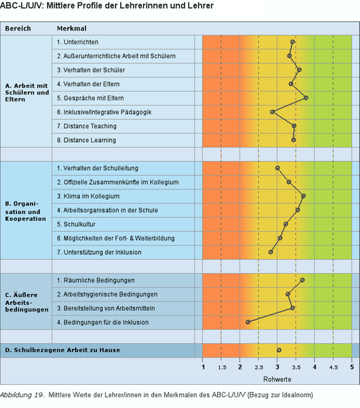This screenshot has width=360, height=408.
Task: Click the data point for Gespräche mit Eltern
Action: (x=306, y=98)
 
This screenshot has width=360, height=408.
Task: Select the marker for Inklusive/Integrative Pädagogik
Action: (x=272, y=112)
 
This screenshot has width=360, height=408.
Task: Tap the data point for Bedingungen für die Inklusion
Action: (x=248, y=322)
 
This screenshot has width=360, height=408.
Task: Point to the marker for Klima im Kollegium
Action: (x=304, y=196)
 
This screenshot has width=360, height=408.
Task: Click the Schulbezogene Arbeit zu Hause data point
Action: (x=279, y=350)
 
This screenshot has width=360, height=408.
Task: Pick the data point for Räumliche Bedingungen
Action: (x=302, y=280)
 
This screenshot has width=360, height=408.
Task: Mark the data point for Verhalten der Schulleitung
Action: (x=278, y=168)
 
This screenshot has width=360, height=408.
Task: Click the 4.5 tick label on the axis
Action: (x=333, y=367)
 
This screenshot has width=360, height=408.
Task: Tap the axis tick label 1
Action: (x=203, y=367)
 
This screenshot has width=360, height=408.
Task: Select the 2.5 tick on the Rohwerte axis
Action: (x=259, y=367)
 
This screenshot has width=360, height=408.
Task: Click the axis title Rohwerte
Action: (x=277, y=379)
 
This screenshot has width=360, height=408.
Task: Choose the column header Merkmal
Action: (x=72, y=29)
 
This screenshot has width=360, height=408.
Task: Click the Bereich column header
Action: (x=18, y=29)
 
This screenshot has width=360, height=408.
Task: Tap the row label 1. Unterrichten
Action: (x=78, y=42)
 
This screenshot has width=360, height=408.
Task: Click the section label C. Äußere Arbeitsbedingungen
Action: (x=27, y=302)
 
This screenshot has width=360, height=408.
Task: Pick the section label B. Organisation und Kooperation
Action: (x=25, y=211)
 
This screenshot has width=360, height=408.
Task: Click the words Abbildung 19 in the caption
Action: (x=22, y=395)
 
